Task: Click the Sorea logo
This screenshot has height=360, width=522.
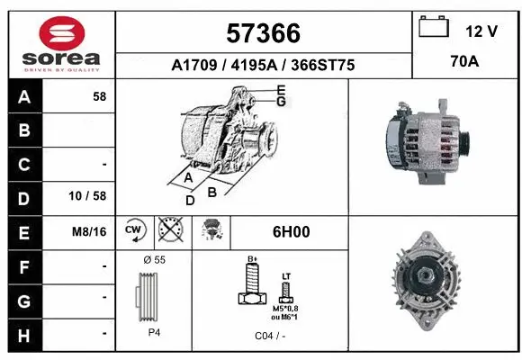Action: click(61, 43)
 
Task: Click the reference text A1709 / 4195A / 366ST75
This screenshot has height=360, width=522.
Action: click(263, 65)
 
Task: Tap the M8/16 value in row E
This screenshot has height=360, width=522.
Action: click(90, 231)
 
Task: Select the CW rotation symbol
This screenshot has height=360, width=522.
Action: click(134, 231)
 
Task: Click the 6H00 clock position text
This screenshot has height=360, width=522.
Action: click(291, 231)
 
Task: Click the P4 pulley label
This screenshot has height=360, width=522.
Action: click(153, 331)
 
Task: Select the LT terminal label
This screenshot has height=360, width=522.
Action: click(286, 276)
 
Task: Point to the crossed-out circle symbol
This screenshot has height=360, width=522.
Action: click(168, 231)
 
